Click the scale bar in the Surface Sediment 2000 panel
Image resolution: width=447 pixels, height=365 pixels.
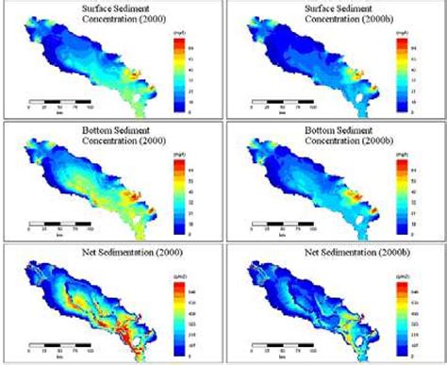[x=59, y=99]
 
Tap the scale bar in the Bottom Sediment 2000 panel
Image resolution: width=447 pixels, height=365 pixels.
[x=59, y=222]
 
